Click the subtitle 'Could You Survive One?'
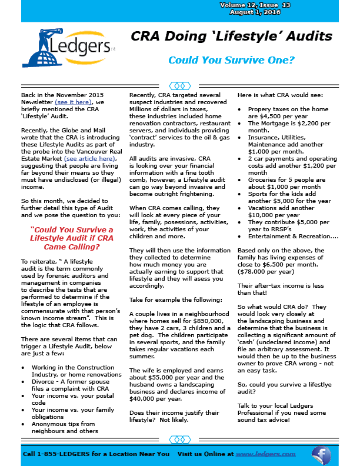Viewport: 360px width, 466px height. [x=231, y=60]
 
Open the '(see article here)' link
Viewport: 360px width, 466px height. [x=90, y=158]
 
